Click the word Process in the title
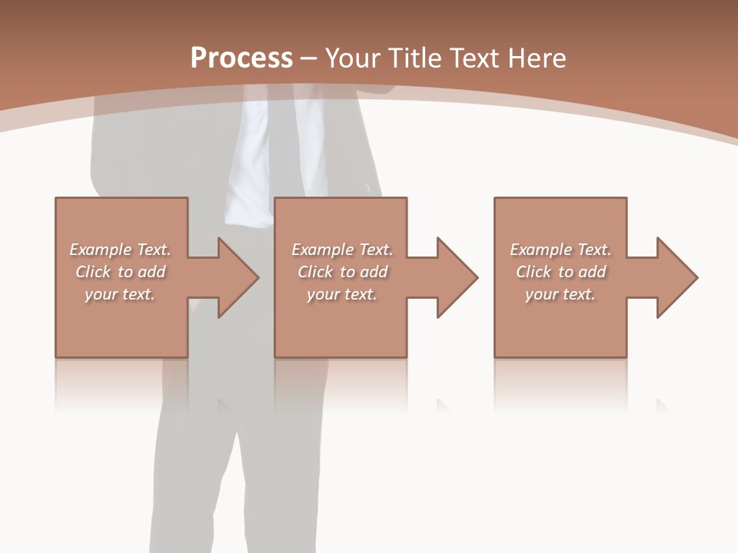[x=241, y=58]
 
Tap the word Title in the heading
[x=414, y=58]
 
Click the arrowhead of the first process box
[x=238, y=277]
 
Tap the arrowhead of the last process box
[x=676, y=277]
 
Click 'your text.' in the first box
[x=120, y=294]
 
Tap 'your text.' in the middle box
[x=342, y=294]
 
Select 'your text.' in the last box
[x=560, y=294]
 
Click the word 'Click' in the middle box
[x=314, y=272]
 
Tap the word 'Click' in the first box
[x=92, y=272]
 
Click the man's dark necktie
[x=279, y=146]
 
